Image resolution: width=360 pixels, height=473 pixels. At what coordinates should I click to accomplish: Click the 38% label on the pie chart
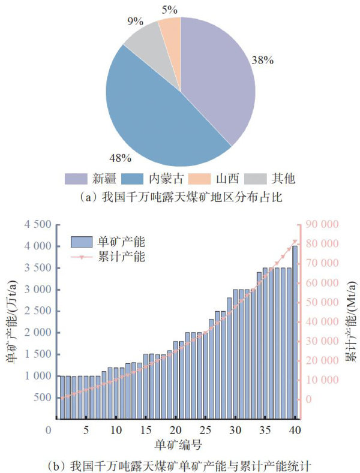click(263, 61)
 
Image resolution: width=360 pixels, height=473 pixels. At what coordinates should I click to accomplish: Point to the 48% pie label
click(121, 158)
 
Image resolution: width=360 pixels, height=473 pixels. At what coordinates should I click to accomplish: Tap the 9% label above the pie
click(135, 22)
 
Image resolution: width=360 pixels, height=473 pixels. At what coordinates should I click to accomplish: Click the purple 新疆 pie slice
click(216, 78)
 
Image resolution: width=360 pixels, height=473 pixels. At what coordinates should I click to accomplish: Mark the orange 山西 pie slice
click(170, 27)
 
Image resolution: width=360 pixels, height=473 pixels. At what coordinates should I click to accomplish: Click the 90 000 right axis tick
click(323, 225)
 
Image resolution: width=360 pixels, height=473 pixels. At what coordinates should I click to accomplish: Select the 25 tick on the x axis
click(205, 430)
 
